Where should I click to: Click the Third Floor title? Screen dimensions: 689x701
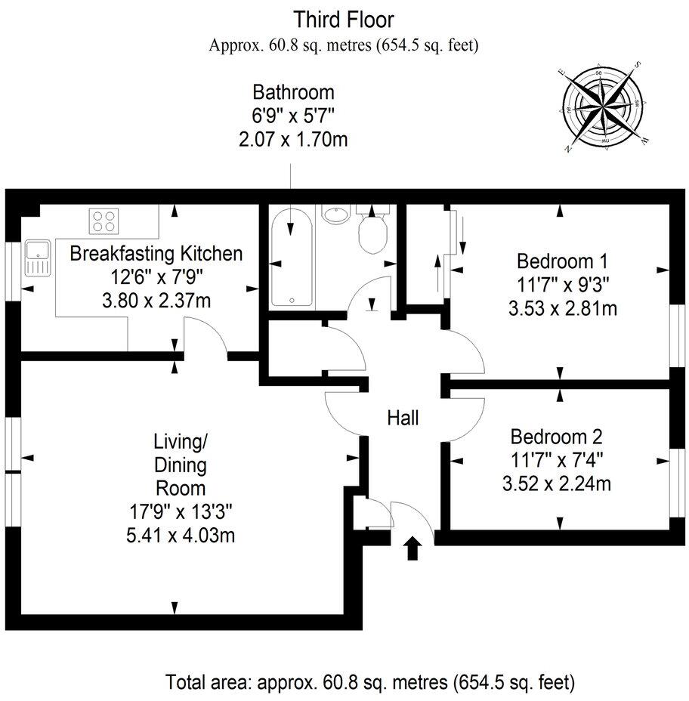(x=344, y=20)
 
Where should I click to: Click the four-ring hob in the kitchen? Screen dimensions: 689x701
(x=104, y=221)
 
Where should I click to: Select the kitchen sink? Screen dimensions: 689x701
(x=38, y=258)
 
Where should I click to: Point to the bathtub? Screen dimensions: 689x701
(x=292, y=258)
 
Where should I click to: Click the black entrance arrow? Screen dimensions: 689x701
(x=412, y=548)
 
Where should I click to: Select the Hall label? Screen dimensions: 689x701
(x=403, y=418)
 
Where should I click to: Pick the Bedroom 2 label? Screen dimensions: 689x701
(x=557, y=437)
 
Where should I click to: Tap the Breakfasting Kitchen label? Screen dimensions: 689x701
(x=156, y=254)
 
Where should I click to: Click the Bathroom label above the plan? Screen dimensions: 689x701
(x=293, y=92)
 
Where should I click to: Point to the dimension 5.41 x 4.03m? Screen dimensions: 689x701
(x=181, y=535)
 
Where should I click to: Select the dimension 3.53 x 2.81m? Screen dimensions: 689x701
(x=563, y=308)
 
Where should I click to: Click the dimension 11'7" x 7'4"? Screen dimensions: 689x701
(x=557, y=459)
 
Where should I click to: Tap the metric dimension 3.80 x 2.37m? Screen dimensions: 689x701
(x=156, y=301)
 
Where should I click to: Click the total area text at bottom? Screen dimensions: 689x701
(x=370, y=682)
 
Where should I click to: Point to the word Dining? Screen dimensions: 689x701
(x=181, y=465)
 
